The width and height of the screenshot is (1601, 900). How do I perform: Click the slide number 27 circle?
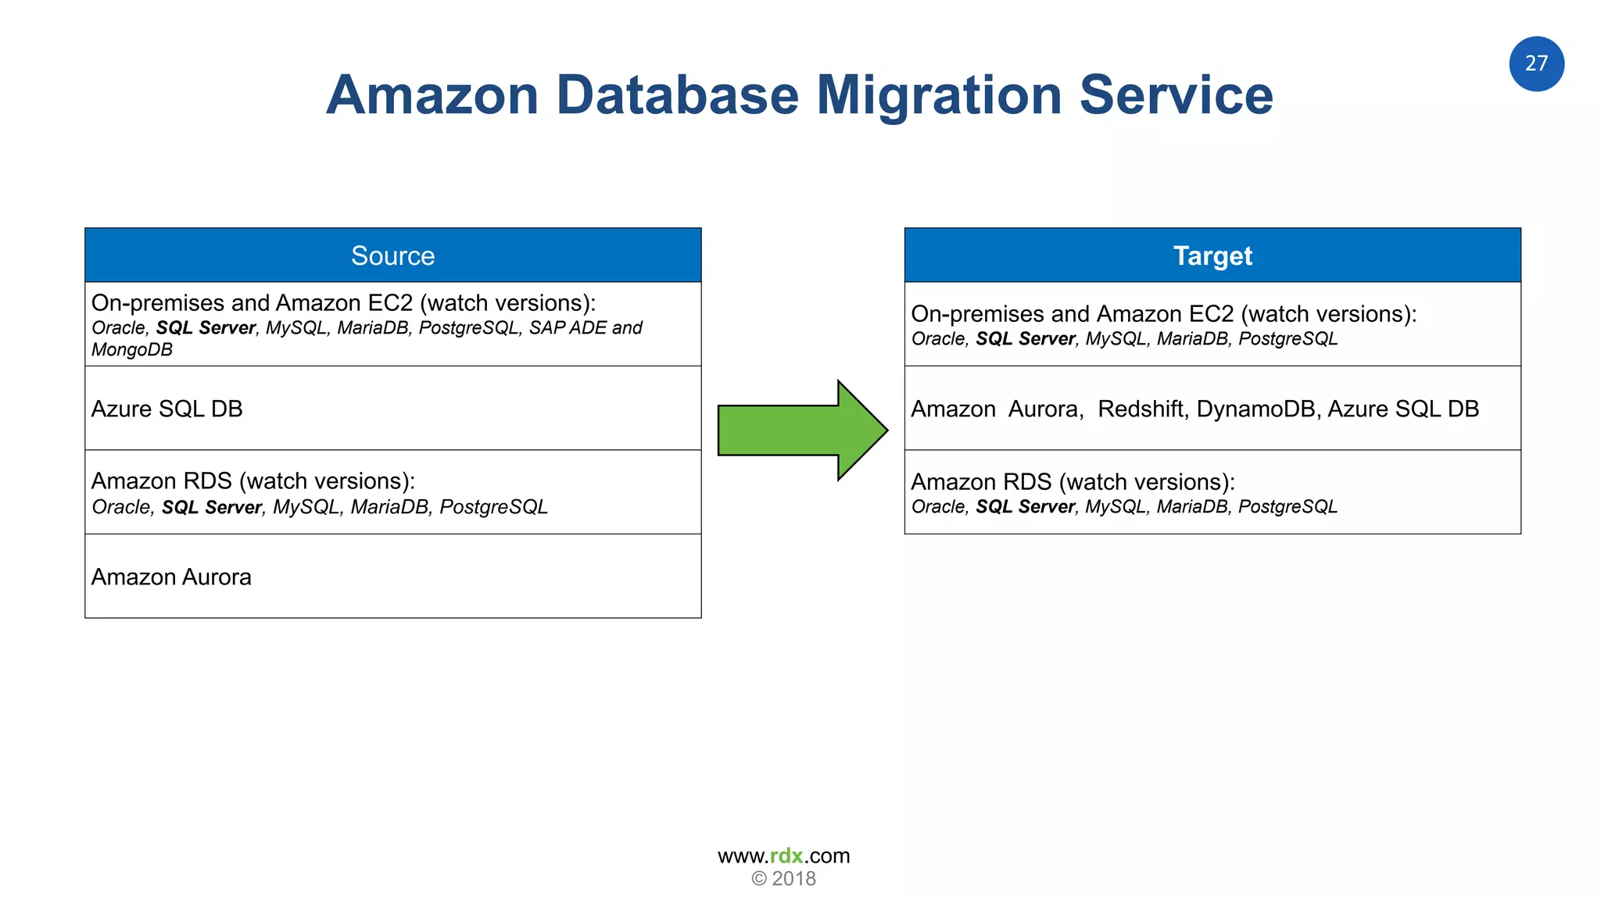coord(1535,64)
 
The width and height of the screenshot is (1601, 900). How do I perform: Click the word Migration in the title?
coord(939,95)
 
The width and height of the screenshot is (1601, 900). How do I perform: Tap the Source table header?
coord(392,255)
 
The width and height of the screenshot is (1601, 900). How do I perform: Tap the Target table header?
coord(1212,255)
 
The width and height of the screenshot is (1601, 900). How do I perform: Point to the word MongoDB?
coord(132,350)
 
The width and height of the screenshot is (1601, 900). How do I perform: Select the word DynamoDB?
coord(1255,409)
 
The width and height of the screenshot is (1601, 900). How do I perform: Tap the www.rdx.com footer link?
coord(783,855)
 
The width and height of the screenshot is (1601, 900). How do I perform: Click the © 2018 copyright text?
coord(783,879)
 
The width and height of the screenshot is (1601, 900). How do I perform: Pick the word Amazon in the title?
coord(432,95)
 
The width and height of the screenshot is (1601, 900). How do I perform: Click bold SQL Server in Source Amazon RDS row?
coord(211,508)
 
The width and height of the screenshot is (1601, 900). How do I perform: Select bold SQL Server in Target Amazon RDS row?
coord(1025,507)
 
